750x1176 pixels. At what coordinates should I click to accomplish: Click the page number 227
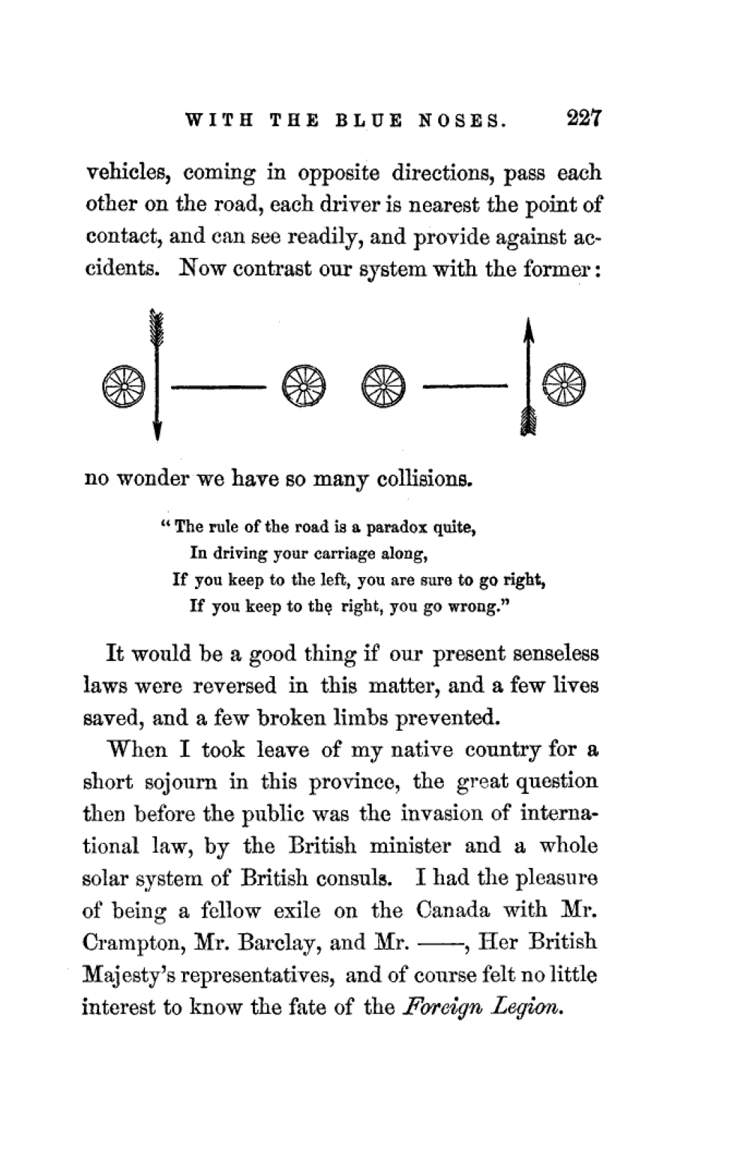click(x=581, y=119)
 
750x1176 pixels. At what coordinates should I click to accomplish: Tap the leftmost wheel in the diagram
click(x=122, y=387)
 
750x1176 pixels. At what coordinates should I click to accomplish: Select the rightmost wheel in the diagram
click(x=564, y=387)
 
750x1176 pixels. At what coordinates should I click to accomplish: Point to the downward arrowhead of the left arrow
click(x=157, y=429)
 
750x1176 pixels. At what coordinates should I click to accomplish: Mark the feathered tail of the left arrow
click(x=157, y=324)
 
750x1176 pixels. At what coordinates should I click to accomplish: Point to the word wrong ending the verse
click(x=472, y=607)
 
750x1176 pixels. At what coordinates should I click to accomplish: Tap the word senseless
click(x=555, y=654)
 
